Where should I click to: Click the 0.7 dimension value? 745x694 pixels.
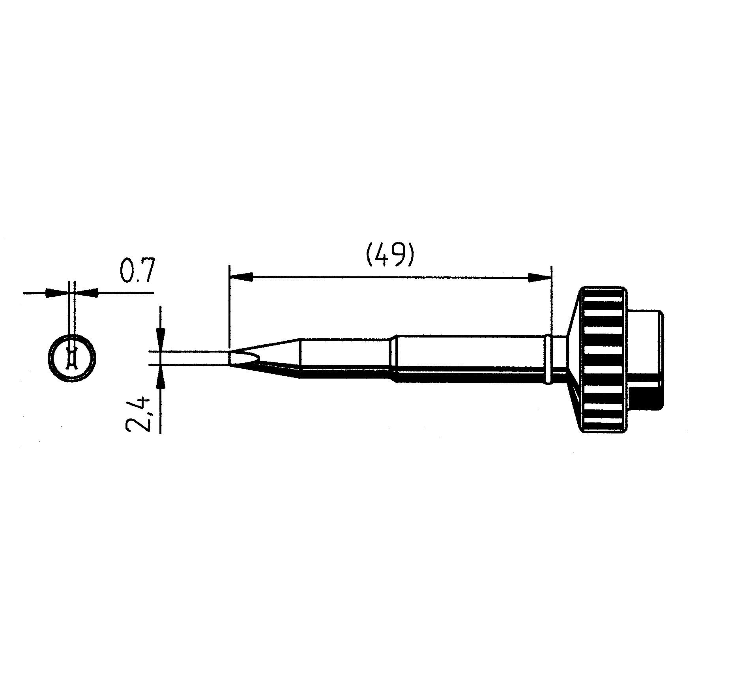[135, 271]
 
